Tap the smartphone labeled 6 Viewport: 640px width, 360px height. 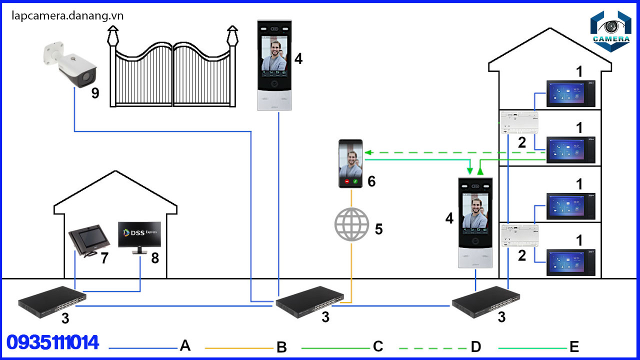click(x=351, y=163)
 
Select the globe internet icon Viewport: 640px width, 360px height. click(x=351, y=224)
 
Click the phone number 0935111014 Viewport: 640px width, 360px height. click(x=53, y=342)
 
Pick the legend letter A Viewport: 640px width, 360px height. click(x=185, y=345)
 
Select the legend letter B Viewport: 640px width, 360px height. click(x=281, y=347)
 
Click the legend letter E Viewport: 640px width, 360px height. click(x=574, y=346)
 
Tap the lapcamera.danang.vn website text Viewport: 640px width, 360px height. click(x=67, y=15)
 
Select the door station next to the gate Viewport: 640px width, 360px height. click(x=274, y=65)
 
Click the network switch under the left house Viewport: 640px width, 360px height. click(x=52, y=299)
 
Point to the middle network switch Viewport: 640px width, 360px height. click(x=309, y=301)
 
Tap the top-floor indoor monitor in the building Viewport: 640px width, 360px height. click(x=570, y=93)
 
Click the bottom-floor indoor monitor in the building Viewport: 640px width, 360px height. click(x=570, y=262)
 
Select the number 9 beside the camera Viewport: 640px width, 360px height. click(x=95, y=93)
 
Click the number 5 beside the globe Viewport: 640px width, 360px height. click(x=378, y=229)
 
